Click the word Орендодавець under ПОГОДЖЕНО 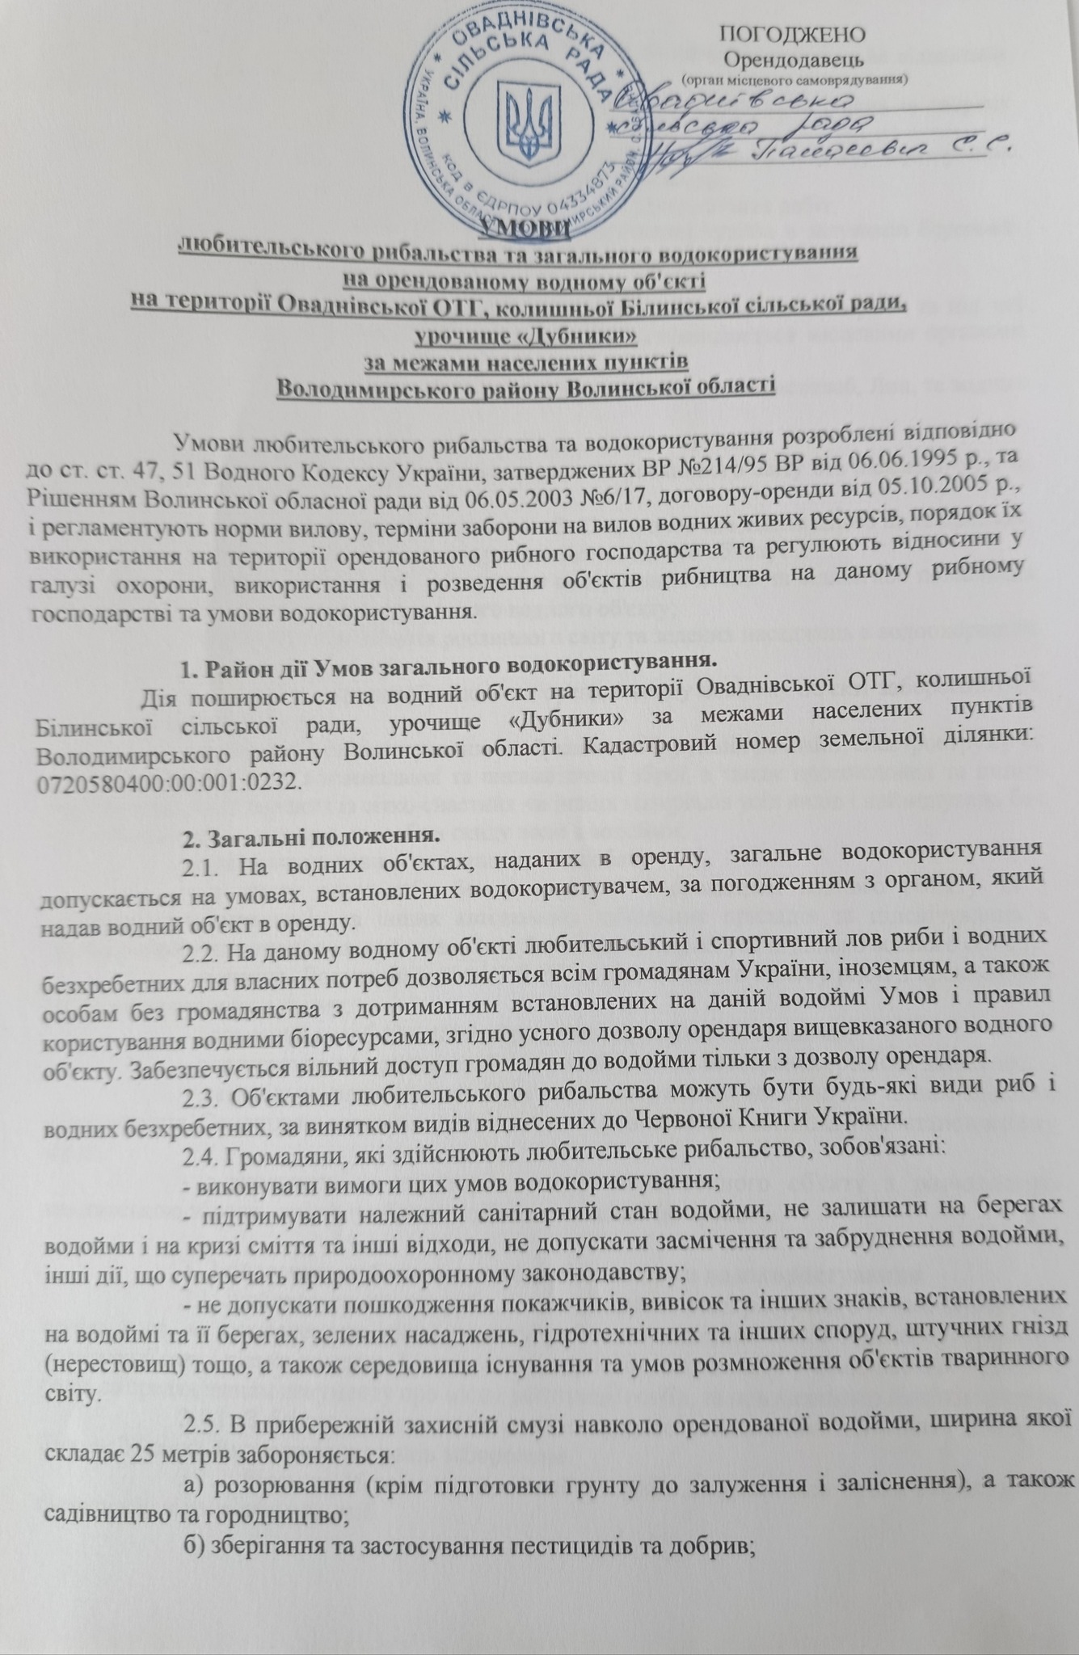click(x=794, y=59)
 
